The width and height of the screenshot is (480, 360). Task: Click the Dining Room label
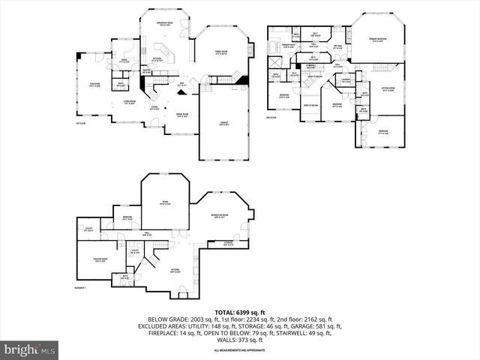pos(182,115)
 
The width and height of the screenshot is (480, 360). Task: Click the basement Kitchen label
pos(175,270)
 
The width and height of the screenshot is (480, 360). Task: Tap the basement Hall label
pos(158,235)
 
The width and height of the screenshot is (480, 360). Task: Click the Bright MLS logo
pos(30,349)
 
